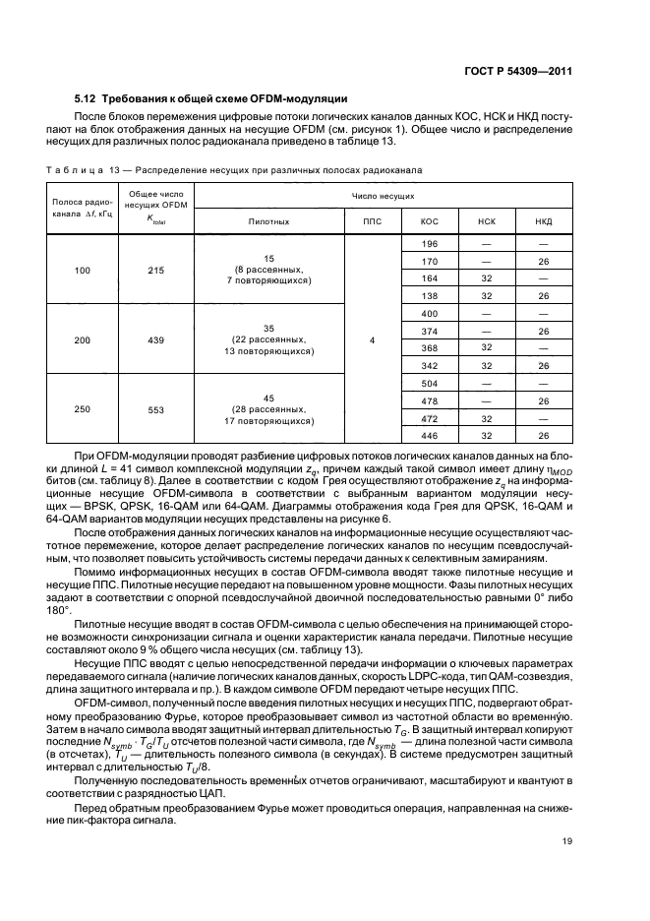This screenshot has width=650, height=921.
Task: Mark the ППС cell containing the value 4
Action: pos(373,339)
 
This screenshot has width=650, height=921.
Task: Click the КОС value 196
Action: pos(429,243)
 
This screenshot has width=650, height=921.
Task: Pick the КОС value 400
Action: pos(429,313)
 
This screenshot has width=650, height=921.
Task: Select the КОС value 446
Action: pos(429,436)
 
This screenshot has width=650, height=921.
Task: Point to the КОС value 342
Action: pos(429,366)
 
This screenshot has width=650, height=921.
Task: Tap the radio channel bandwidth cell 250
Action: pos(82,409)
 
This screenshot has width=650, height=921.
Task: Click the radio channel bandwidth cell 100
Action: pos(82,269)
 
